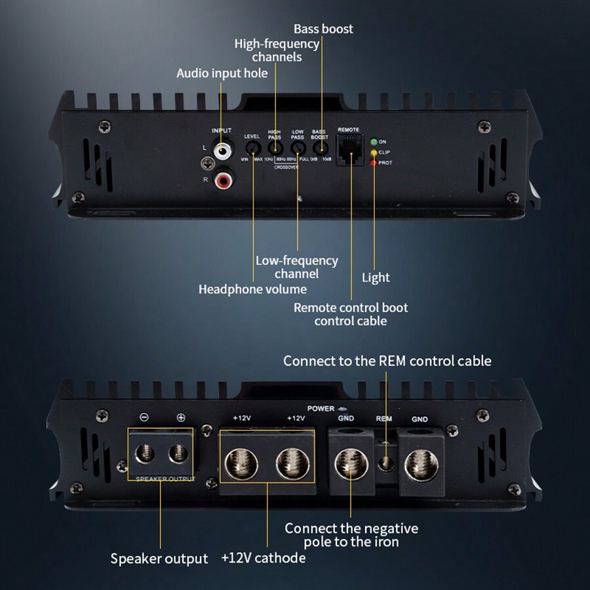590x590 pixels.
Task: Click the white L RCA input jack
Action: click(x=224, y=150)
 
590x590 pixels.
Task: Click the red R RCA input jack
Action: click(x=224, y=177)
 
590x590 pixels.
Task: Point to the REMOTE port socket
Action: click(x=349, y=149)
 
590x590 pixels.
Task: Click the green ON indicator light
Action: click(x=374, y=141)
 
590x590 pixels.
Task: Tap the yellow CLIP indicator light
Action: click(x=374, y=152)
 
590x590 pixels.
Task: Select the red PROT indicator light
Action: click(x=374, y=163)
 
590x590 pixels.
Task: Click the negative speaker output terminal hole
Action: click(x=145, y=454)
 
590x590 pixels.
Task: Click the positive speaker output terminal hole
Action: click(x=177, y=454)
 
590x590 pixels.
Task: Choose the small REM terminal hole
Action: click(x=386, y=463)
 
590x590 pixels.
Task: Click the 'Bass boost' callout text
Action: click(x=323, y=29)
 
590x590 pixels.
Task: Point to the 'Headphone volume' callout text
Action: click(x=252, y=289)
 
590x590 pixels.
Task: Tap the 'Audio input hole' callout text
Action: click(x=222, y=73)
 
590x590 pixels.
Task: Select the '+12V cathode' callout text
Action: click(x=263, y=558)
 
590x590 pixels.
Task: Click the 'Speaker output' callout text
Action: click(x=159, y=559)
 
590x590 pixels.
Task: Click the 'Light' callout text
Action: click(x=376, y=278)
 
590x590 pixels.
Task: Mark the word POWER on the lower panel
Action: click(x=321, y=408)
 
